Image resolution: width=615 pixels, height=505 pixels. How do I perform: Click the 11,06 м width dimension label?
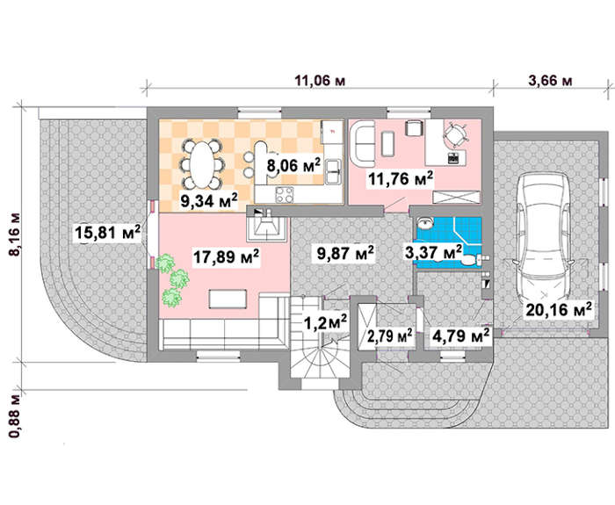pos(320,81)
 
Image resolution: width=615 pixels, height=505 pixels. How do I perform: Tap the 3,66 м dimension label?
pos(550,81)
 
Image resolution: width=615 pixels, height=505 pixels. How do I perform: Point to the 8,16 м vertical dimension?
pos(15,234)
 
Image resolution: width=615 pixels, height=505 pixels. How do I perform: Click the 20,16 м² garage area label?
pos(559,310)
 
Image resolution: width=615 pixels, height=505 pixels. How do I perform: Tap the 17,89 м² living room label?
pos(226,257)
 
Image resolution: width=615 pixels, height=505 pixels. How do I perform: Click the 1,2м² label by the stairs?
pos(326,322)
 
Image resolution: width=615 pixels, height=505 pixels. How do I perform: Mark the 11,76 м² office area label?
pos(401,179)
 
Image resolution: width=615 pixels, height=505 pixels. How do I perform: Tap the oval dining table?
pos(202,165)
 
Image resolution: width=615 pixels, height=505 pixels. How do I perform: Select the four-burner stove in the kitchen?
pos(285,195)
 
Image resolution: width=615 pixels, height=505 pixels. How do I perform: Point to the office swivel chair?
pos(455,135)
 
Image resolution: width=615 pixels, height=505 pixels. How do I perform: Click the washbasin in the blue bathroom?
pos(424,223)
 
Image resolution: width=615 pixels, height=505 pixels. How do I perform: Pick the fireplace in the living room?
pos(268,228)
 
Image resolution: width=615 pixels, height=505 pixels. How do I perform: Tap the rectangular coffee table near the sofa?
pos(228,299)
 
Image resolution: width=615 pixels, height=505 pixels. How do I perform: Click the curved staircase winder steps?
pos(320,356)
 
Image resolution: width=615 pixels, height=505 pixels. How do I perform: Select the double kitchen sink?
pos(333,172)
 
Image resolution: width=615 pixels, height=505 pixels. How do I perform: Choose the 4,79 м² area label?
pos(460,336)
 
